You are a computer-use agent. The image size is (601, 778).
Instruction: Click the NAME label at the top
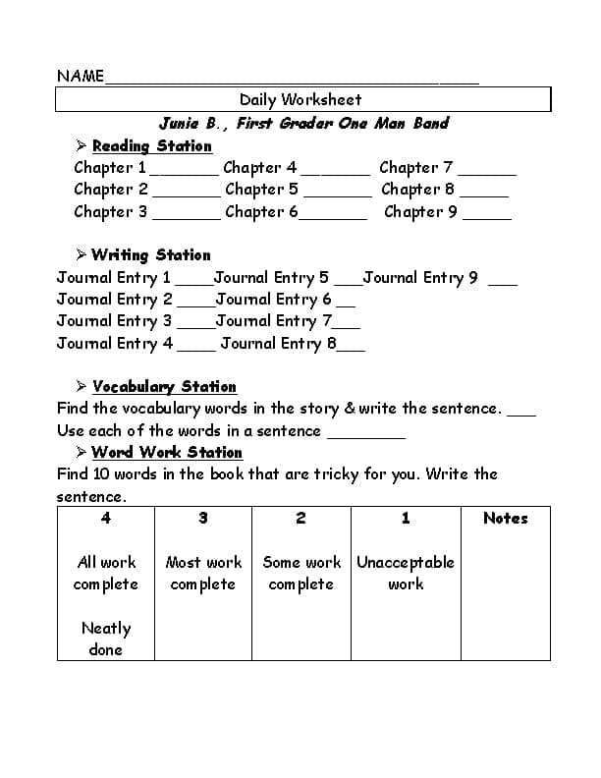(x=81, y=77)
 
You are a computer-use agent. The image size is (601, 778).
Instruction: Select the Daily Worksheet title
(x=300, y=99)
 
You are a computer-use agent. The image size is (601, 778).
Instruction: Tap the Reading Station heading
(x=151, y=146)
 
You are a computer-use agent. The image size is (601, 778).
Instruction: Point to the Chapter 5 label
(x=261, y=190)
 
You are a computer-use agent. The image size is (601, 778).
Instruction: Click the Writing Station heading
(x=150, y=255)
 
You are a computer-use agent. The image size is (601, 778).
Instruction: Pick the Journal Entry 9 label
(x=420, y=278)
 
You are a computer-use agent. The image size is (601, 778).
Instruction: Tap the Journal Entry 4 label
(x=115, y=344)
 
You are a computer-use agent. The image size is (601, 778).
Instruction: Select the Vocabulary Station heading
(x=164, y=387)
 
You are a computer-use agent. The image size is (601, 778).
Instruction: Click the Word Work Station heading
(x=167, y=453)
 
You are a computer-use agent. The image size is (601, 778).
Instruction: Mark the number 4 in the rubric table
(x=105, y=519)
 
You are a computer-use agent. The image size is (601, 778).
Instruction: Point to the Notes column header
(x=505, y=519)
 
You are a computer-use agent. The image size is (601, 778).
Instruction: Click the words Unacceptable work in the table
(x=406, y=573)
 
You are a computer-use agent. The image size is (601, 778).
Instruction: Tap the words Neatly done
(x=105, y=639)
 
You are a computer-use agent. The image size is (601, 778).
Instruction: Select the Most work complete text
(x=203, y=573)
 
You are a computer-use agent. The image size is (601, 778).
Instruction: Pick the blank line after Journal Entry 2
(x=194, y=305)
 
